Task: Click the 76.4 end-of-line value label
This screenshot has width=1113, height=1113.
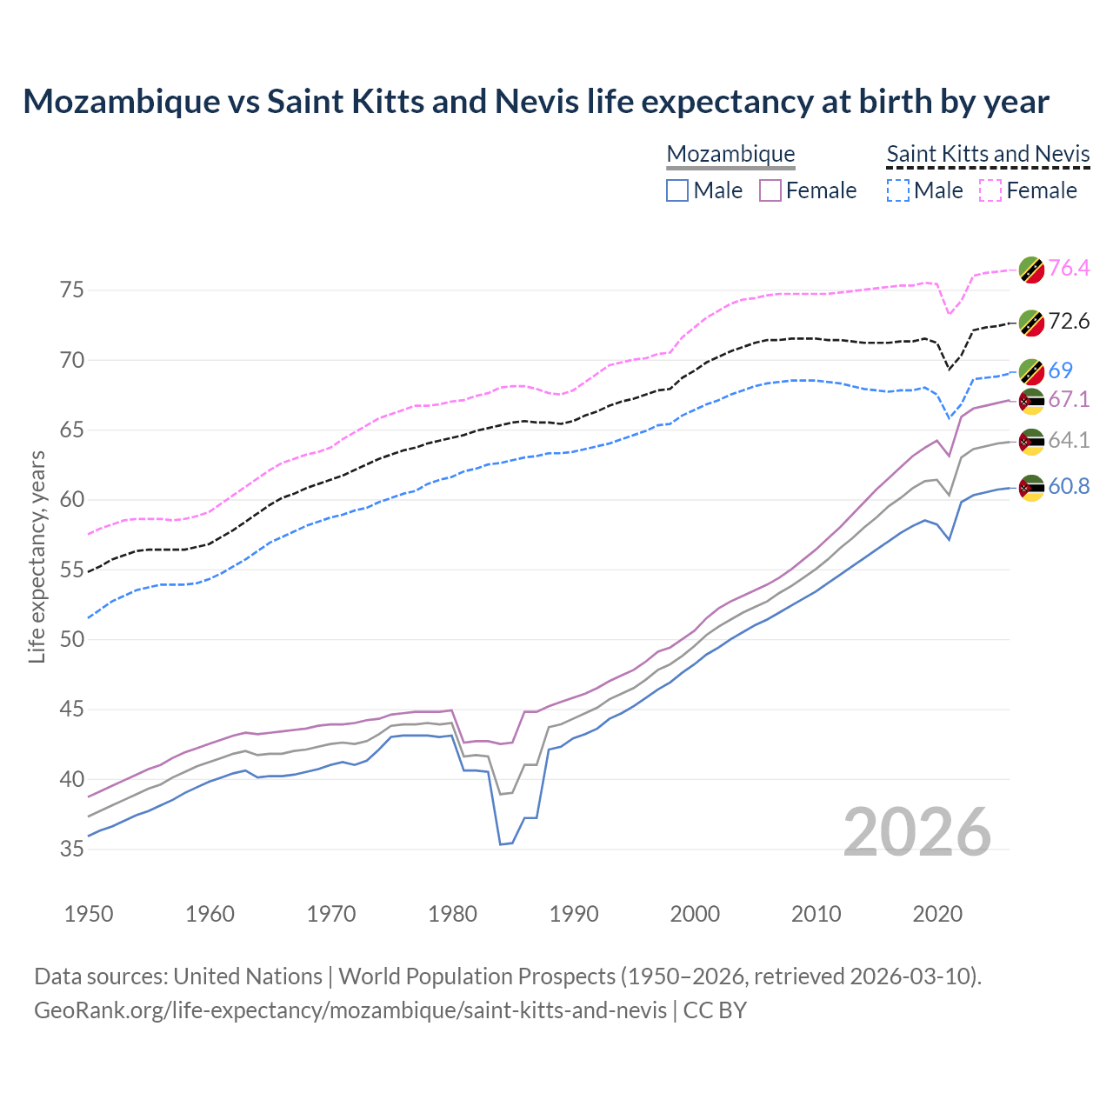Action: [x=1069, y=268]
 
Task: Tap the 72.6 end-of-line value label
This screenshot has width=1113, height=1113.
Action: [x=1069, y=321]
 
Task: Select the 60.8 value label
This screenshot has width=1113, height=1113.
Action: [x=1069, y=486]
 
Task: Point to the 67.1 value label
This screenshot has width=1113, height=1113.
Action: [x=1069, y=399]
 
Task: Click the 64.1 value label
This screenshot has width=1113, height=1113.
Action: [x=1069, y=440]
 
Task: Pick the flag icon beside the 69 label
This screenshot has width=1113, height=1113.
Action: [x=1031, y=371]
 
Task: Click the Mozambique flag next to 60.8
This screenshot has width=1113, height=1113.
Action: [x=1031, y=488]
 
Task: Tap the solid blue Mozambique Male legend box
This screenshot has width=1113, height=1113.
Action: [x=677, y=190]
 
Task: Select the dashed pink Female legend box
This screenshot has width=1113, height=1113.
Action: [x=990, y=190]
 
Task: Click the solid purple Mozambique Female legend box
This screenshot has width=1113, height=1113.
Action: [x=770, y=190]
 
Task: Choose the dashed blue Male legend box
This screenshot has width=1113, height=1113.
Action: [x=897, y=190]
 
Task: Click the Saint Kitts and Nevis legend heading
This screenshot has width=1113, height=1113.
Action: [x=988, y=154]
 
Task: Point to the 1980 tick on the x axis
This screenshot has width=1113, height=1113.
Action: [x=453, y=914]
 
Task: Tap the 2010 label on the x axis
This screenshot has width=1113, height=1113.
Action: [x=816, y=914]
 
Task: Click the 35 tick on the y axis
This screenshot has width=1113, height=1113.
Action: [x=72, y=849]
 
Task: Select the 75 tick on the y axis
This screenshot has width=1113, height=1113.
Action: [x=72, y=290]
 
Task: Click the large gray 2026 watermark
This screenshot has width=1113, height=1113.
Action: [x=917, y=832]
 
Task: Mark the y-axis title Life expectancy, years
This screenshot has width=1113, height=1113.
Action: [x=37, y=556]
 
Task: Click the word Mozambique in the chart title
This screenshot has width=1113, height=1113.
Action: [x=122, y=102]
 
